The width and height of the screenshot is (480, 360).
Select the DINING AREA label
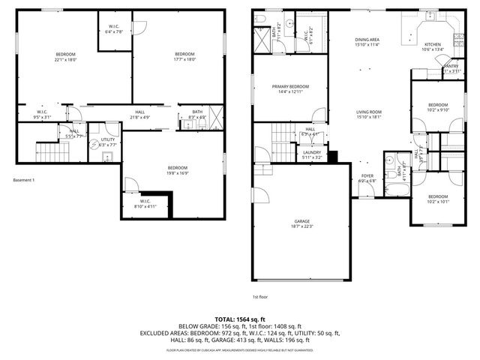pyautogui.click(x=367, y=40)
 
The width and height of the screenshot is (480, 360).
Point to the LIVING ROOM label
pyautogui.click(x=369, y=112)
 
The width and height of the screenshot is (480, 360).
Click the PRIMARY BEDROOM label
pyautogui.click(x=290, y=87)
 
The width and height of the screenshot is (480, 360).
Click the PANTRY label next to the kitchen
pyautogui.click(x=451, y=66)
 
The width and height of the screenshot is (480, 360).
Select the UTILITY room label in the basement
pyautogui.click(x=107, y=140)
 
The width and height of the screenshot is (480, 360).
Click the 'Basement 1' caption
pyautogui.click(x=24, y=180)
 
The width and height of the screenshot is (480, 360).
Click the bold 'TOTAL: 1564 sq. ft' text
pyautogui.click(x=240, y=319)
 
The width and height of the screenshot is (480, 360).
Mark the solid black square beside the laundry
pyautogui.click(x=332, y=156)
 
